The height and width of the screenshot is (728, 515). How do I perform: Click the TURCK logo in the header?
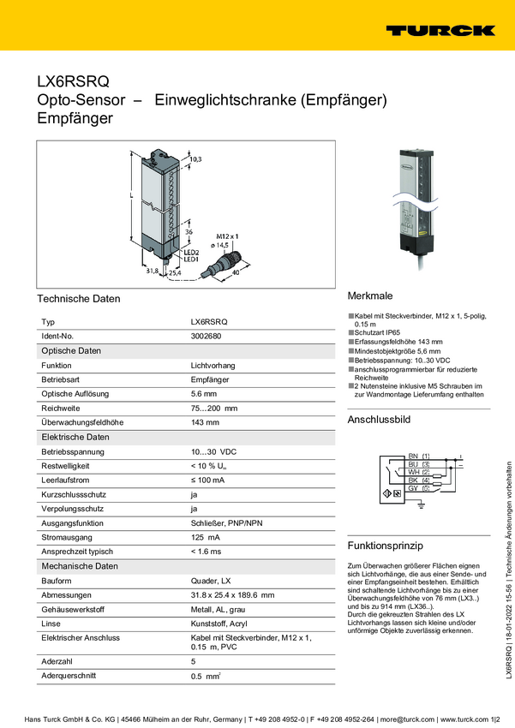point(440,30)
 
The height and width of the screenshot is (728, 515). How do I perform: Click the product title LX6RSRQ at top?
point(73,82)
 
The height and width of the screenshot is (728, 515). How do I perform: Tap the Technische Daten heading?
point(78,299)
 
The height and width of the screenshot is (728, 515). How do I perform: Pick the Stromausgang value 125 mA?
point(205,537)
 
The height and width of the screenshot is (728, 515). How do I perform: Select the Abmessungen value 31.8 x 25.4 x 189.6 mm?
point(232,595)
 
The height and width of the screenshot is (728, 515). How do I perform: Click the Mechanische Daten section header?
point(80,566)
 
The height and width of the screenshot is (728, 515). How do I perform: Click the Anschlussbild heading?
point(379,420)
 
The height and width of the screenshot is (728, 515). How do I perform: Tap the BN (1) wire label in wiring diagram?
point(419,455)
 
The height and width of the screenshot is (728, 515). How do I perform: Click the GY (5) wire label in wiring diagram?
point(419,487)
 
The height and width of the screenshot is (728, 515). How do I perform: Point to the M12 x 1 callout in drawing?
point(226,235)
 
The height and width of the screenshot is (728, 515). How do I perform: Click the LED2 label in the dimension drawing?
point(191,253)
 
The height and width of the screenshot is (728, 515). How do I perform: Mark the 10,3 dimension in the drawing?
point(195,159)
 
